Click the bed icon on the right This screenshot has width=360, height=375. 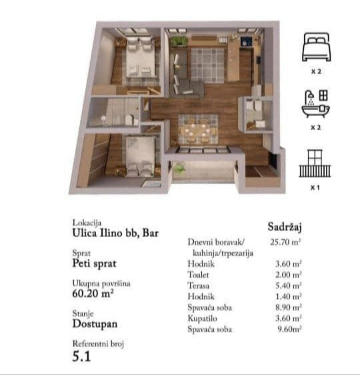tap(316, 47)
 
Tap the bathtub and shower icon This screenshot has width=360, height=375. tap(316, 103)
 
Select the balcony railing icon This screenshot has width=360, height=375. tap(315, 163)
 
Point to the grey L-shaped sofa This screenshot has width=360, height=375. tap(184, 77)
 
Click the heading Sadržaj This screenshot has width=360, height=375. tap(285, 226)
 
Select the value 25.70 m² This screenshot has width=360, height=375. tap(285, 242)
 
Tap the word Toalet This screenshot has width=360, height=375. tap(198, 274)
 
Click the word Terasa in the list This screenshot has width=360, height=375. tap(199, 286)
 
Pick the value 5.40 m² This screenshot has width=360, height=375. tap(289, 286)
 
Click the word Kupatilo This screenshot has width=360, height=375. tap(203, 318)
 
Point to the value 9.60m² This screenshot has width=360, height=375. tap(289, 329)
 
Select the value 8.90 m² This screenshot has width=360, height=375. tap(289, 307)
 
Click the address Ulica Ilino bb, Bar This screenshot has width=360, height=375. tap(115, 233)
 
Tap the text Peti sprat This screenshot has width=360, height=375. tap(94, 264)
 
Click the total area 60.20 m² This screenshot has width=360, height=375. tap(93, 293)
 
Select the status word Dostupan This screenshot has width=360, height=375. tap(95, 324)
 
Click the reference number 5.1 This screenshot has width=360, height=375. tap(81, 356)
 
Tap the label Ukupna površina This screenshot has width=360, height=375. tap(101, 284)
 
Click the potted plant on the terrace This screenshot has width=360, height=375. tap(179, 167)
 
